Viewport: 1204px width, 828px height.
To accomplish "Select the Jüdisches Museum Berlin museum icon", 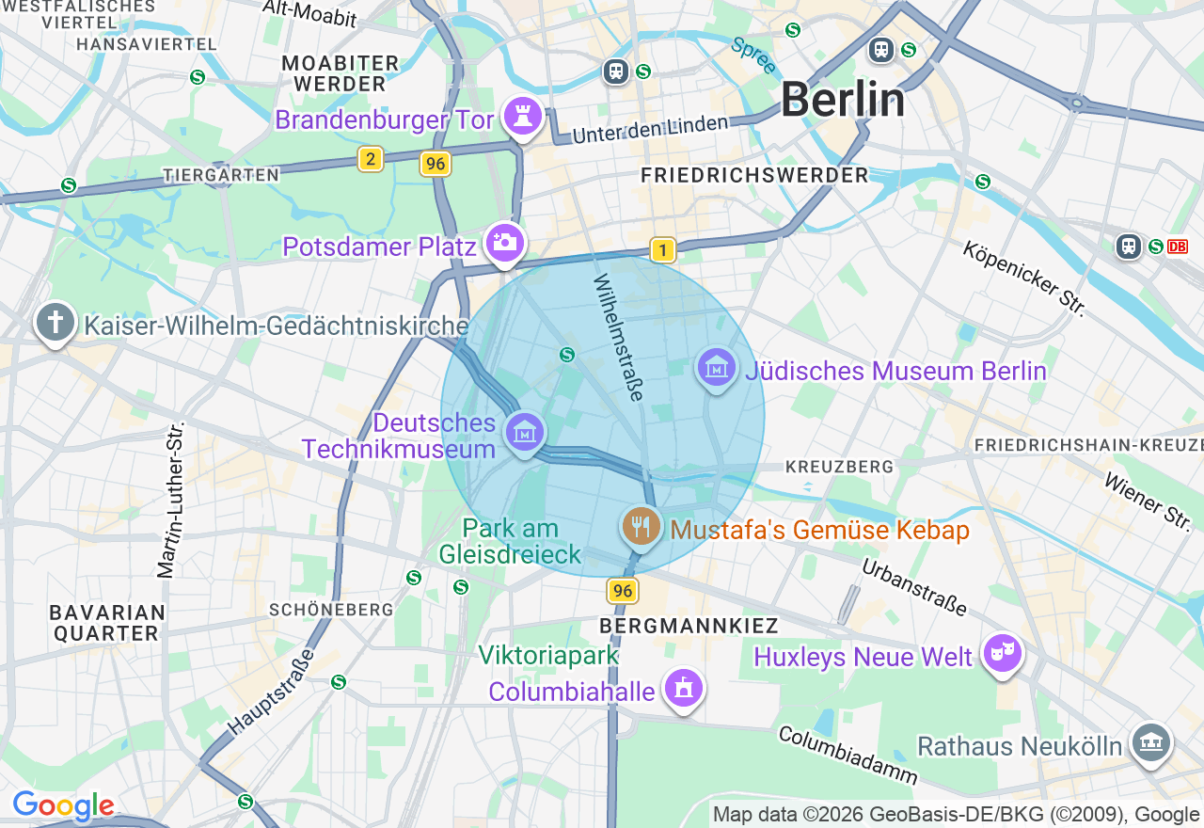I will (x=716, y=368).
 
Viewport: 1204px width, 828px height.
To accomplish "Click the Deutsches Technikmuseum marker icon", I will (x=525, y=433).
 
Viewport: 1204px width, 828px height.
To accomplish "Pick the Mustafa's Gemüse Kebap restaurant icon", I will (x=641, y=525).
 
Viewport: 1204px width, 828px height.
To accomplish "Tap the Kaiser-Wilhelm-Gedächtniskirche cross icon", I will (x=55, y=323).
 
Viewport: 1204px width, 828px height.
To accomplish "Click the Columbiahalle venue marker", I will (x=683, y=689).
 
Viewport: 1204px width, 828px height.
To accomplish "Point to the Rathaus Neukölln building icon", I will (x=1150, y=743).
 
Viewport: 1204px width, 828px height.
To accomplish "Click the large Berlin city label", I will (x=843, y=100).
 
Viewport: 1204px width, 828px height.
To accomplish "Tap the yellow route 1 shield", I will (x=663, y=250).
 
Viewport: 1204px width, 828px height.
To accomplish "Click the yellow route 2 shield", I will (x=371, y=159).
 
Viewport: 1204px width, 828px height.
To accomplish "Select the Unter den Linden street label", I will (x=650, y=129).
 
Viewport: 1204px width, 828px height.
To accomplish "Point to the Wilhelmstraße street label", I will (x=618, y=337).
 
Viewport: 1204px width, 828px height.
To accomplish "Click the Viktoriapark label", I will (x=547, y=655).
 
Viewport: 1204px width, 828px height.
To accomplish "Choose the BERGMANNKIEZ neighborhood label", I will (x=689, y=626).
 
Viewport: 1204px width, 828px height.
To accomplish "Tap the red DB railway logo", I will (x=1177, y=247).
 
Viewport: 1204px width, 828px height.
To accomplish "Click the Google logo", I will (x=63, y=806).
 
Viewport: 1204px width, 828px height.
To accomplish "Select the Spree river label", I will (x=753, y=56).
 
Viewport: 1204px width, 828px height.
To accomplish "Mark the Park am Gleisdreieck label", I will (x=511, y=542).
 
